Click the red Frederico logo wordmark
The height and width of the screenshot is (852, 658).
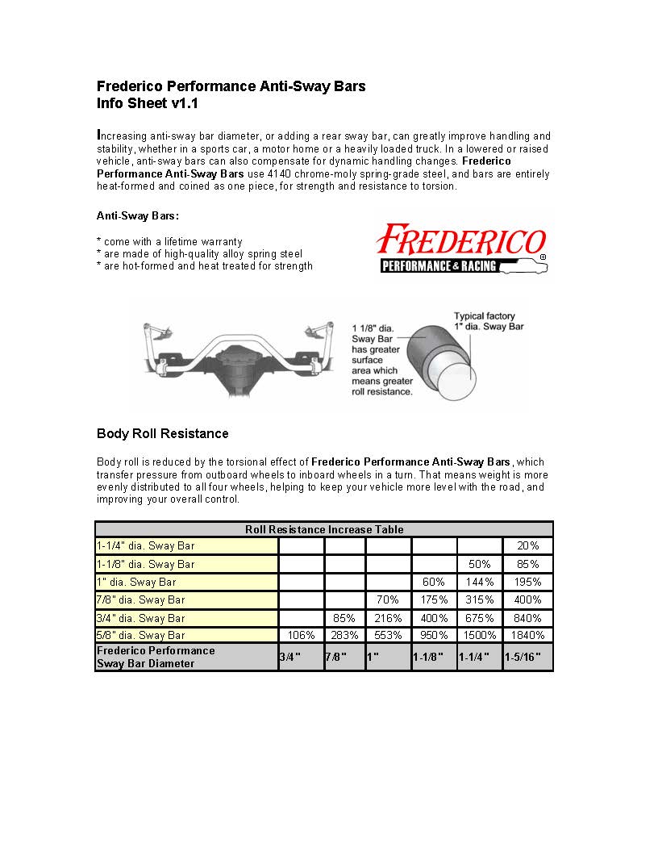(x=462, y=240)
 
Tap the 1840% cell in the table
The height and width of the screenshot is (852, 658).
(x=527, y=635)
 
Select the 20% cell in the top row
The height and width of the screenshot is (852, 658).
(x=527, y=546)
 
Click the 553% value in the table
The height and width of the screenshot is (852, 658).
(x=388, y=635)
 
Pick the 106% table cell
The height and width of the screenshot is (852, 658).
(x=301, y=635)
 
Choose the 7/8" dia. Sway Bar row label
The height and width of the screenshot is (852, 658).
(x=141, y=599)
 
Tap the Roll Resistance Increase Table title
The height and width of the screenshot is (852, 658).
(x=324, y=529)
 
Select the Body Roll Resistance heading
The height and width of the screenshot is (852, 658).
(x=162, y=433)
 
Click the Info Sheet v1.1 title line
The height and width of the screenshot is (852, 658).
(x=147, y=103)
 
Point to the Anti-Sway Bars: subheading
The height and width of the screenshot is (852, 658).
(x=137, y=215)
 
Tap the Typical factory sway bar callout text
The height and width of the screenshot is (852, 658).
(x=484, y=322)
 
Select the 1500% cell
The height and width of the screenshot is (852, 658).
(x=480, y=635)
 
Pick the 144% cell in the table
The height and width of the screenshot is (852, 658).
(x=480, y=582)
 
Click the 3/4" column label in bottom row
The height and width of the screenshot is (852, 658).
(x=289, y=657)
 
